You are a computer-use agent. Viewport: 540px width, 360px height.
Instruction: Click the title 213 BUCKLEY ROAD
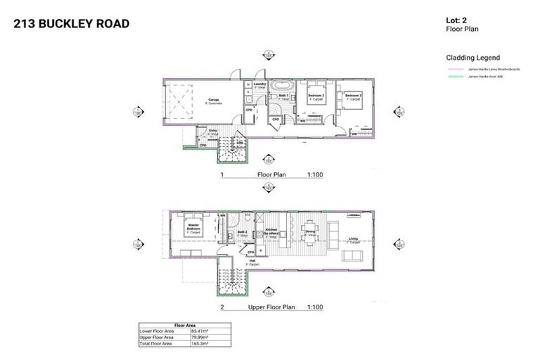pos(72,24)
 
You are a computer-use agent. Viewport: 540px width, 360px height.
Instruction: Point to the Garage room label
pos(213,101)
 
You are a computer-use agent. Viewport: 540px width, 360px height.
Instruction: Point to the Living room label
pos(353,240)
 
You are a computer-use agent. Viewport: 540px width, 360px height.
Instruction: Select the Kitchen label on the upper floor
pos(270,231)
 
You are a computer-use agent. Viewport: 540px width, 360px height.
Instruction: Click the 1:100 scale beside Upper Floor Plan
pos(314,307)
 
